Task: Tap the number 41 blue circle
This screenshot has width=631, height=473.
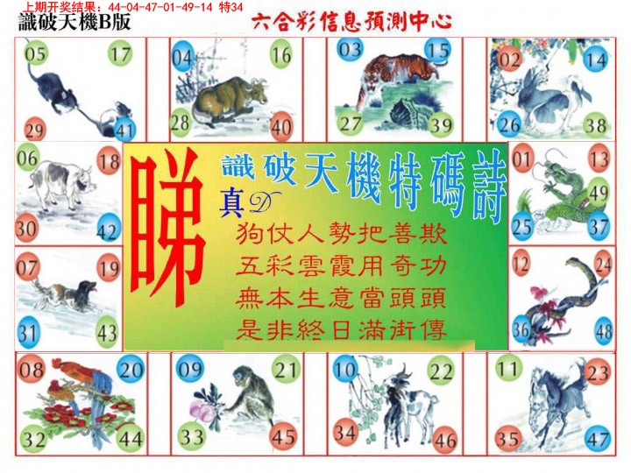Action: (x=124, y=131)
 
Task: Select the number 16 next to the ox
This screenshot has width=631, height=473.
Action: (x=280, y=55)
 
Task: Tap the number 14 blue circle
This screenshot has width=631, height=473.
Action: (x=596, y=60)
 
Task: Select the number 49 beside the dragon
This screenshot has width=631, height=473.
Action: (x=599, y=192)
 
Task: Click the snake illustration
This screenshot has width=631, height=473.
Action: (x=561, y=298)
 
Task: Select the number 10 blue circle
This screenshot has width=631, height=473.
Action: (x=344, y=370)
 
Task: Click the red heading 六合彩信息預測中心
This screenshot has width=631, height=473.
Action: (x=339, y=22)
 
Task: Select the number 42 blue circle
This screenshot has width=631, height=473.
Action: (x=108, y=232)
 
